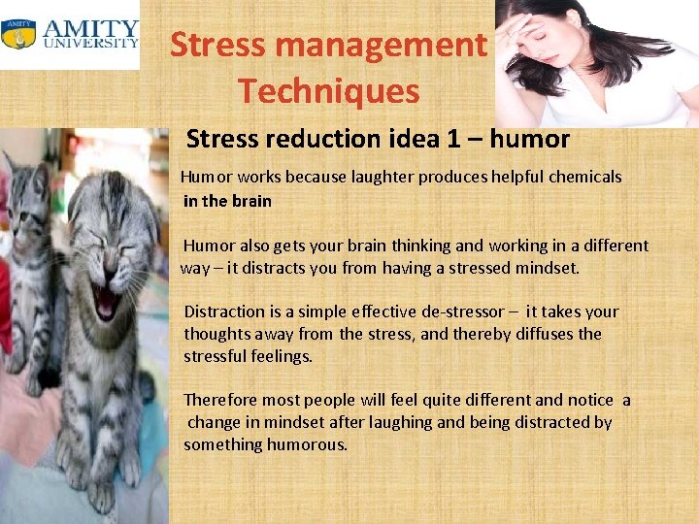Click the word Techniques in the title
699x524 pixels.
click(329, 90)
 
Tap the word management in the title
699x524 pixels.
click(393, 44)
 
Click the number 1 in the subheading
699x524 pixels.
click(453, 139)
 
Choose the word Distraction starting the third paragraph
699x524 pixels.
click(224, 311)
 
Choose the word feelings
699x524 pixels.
click(282, 356)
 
